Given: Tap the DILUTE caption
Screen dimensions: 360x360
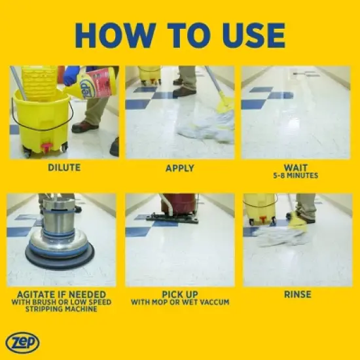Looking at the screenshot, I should (64, 168).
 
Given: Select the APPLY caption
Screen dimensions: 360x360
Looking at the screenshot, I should (179, 168).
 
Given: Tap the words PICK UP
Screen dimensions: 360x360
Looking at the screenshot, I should (179, 295).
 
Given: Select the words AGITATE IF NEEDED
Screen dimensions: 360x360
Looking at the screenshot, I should (64, 295).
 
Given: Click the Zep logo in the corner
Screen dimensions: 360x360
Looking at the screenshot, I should (22, 342).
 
